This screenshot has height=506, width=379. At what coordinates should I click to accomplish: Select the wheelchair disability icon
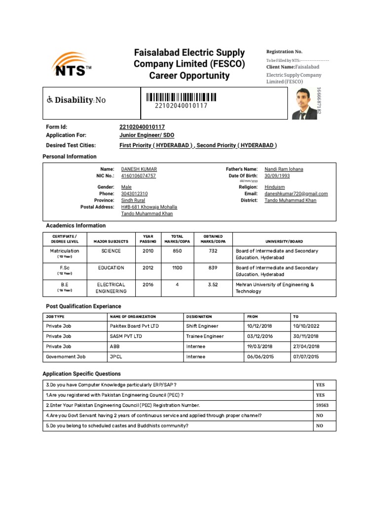(x=50, y=100)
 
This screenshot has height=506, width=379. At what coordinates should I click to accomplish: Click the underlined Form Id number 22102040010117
(x=142, y=127)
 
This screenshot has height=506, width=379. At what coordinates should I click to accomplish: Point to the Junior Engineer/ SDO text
(x=147, y=135)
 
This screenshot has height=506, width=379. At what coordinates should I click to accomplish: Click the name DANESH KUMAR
(x=139, y=169)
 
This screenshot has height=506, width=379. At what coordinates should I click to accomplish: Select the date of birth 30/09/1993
(x=277, y=175)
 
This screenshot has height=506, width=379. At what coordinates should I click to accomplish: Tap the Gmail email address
(x=296, y=194)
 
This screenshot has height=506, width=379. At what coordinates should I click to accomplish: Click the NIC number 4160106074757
(x=139, y=175)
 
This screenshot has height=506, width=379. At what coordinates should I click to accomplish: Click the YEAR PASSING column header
(x=148, y=239)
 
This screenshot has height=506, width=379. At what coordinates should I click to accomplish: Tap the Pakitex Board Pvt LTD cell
(x=134, y=326)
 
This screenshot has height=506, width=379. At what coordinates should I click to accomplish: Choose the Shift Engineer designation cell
(x=202, y=326)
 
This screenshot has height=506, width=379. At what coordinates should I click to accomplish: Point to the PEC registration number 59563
(x=322, y=405)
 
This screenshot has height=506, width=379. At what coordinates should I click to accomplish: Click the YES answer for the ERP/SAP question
(x=320, y=384)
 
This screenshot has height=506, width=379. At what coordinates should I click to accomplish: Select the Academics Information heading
(x=76, y=225)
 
